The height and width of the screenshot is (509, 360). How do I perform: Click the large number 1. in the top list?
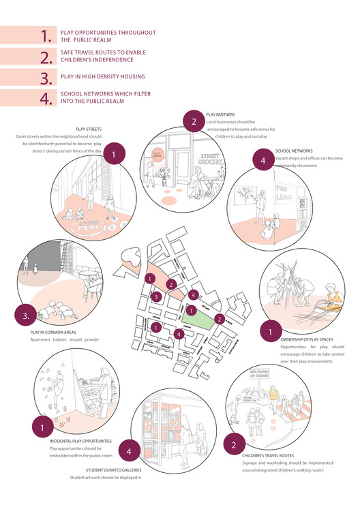tap(46, 36)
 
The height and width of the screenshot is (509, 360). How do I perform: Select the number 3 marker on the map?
tap(156, 296)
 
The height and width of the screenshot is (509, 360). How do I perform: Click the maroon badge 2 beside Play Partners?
tap(194, 123)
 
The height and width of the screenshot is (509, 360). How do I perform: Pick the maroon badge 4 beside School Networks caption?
tap(262, 161)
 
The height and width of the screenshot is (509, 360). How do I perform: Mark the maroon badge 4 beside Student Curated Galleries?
tap(130, 450)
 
